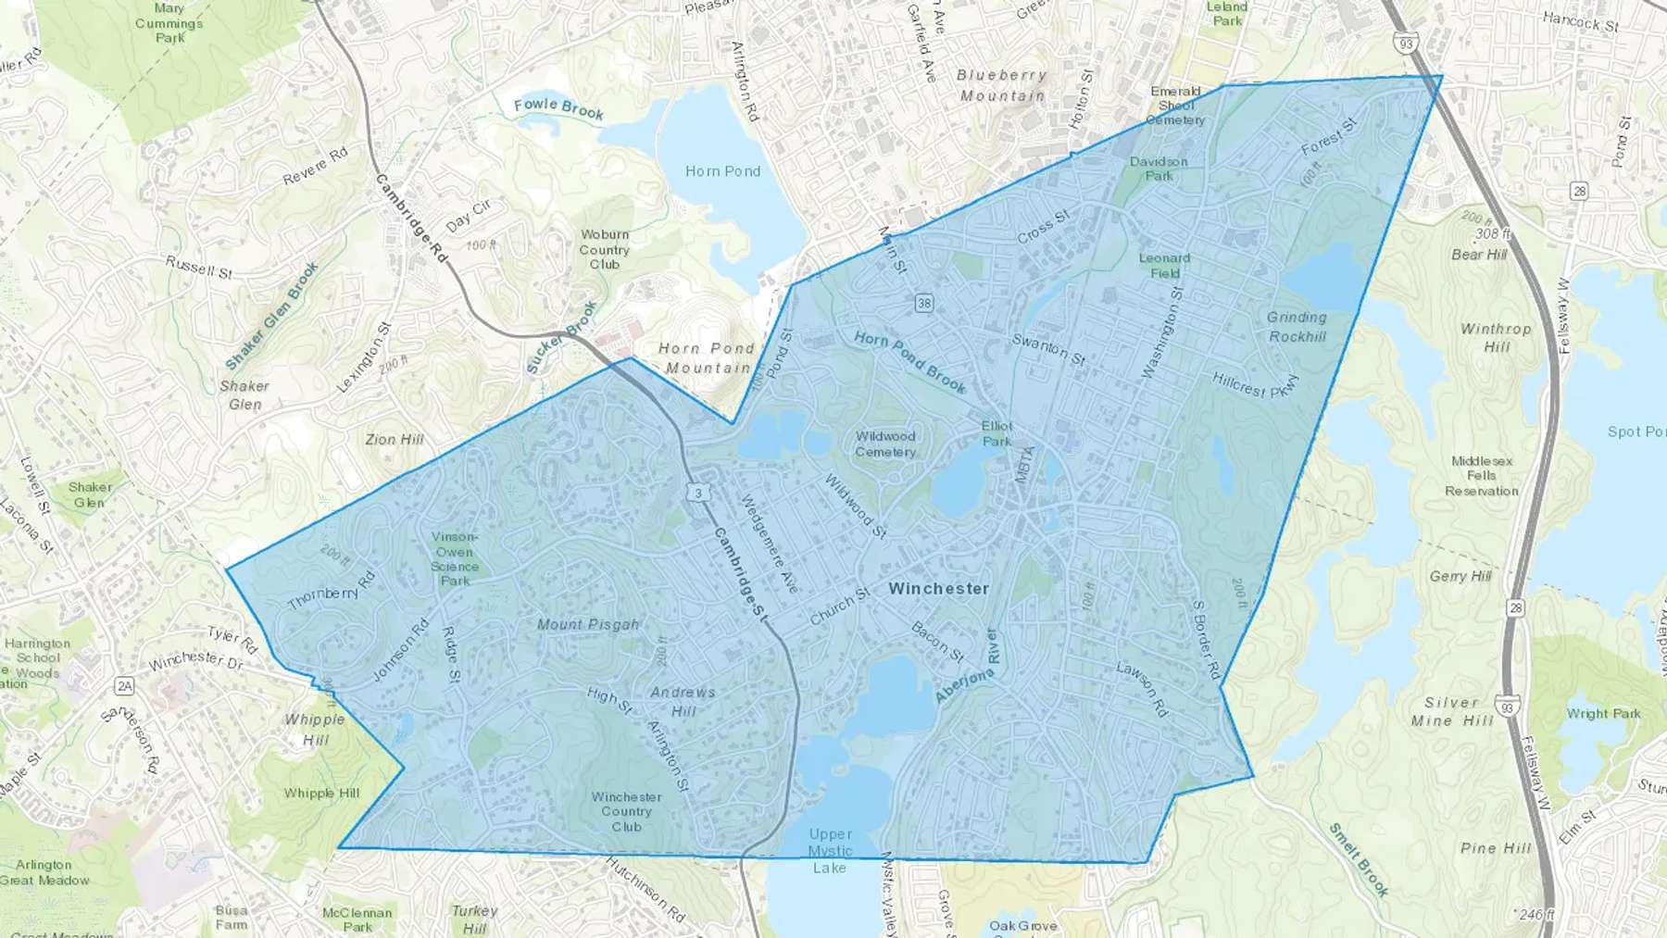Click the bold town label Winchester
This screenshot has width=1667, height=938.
(938, 589)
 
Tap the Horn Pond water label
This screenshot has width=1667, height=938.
(722, 171)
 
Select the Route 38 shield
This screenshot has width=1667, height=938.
(923, 303)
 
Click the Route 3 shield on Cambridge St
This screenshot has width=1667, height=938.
(698, 494)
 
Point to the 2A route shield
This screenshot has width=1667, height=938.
(124, 686)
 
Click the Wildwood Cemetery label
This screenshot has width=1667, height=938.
(885, 444)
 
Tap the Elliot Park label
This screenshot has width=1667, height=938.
(996, 433)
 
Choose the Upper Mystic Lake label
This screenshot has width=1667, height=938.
(830, 851)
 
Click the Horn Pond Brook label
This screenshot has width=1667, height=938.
(909, 361)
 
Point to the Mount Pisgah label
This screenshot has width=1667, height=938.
(588, 625)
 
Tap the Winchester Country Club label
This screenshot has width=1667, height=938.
(626, 812)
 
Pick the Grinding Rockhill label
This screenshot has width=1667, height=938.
(1297, 327)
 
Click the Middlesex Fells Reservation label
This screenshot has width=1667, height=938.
(1482, 476)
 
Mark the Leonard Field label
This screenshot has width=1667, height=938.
(1164, 266)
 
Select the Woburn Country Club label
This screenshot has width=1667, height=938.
(605, 250)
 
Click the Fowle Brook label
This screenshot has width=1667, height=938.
(558, 108)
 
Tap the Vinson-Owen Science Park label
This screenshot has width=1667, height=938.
(455, 558)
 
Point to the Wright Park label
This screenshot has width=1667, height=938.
(1603, 714)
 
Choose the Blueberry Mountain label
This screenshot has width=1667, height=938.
(1002, 85)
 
